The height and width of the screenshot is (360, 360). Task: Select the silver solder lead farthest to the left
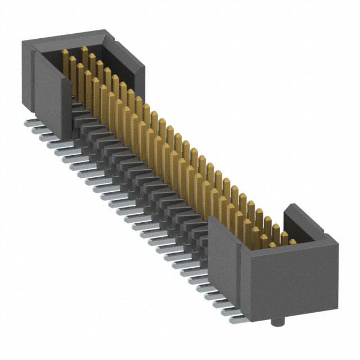coord(29,120)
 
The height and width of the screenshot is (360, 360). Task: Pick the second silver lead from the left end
coord(35,129)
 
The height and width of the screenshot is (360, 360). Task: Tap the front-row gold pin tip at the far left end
coord(65,53)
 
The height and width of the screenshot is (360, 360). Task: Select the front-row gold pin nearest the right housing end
coord(264,239)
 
